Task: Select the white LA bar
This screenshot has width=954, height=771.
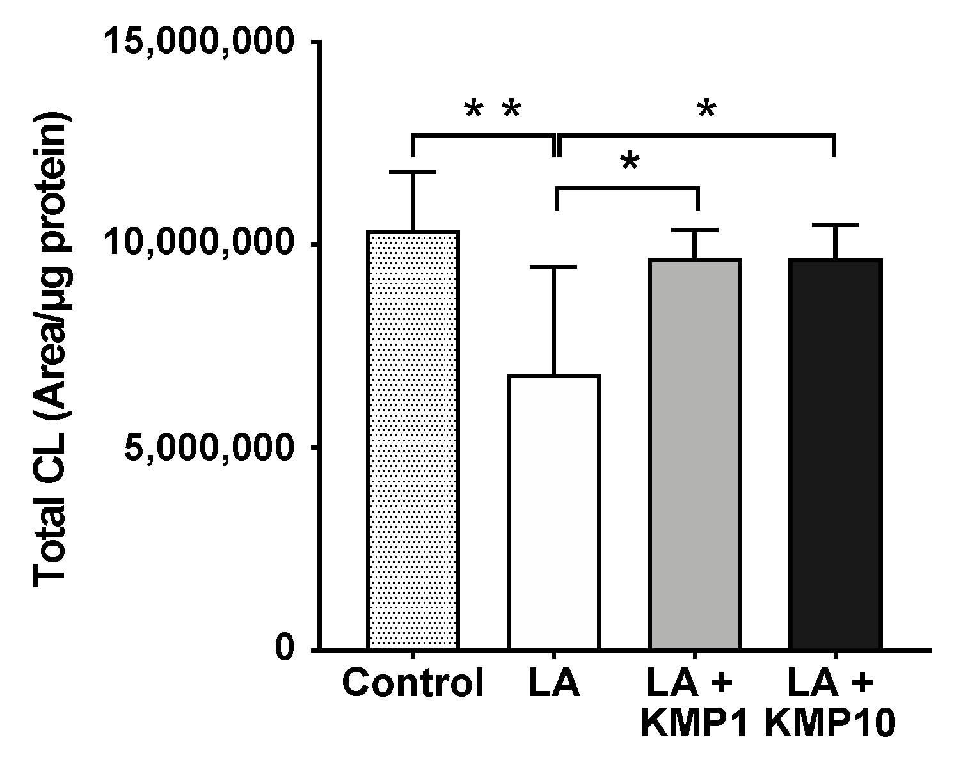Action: tap(553, 512)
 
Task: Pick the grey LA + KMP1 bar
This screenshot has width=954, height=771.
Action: tap(695, 454)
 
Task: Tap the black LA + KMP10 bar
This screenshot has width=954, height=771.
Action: tap(835, 454)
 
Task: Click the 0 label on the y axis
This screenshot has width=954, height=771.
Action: tap(286, 650)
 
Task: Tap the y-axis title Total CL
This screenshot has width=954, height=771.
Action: tap(51, 349)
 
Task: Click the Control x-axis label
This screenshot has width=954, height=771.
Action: tap(413, 684)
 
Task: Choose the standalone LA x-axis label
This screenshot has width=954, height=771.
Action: tap(554, 684)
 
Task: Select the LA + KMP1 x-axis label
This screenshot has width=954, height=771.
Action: tap(695, 704)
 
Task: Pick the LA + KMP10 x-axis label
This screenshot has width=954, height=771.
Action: tap(831, 704)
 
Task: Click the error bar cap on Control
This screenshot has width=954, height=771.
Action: tap(413, 172)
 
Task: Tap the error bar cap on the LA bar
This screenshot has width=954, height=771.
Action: tap(553, 267)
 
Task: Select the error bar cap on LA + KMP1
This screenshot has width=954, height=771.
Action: tap(695, 230)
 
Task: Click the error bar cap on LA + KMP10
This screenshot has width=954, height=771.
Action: tap(835, 225)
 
